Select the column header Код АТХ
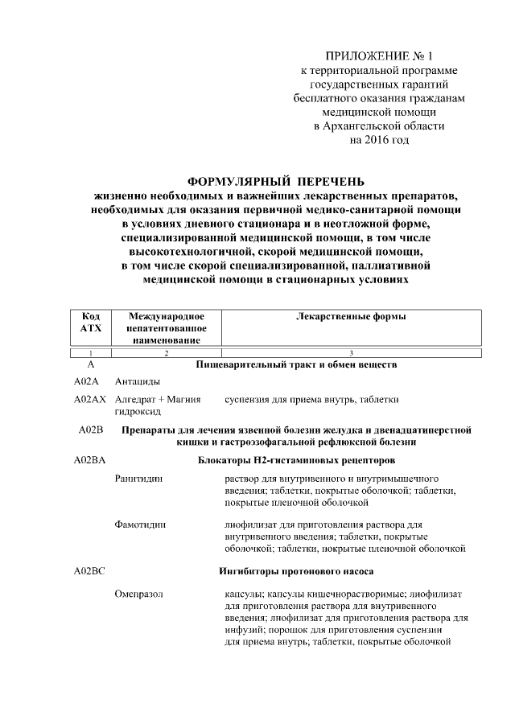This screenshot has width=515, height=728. click(91, 323)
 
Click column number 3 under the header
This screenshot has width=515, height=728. click(351, 353)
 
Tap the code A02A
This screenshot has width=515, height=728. click(85, 380)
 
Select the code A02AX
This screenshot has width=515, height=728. click(89, 399)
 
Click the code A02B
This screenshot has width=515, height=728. click(91, 430)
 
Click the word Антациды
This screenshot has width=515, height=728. click(137, 380)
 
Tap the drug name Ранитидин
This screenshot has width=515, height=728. click(139, 479)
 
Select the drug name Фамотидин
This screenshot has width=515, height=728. click(141, 524)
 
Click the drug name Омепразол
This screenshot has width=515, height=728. click(139, 594)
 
